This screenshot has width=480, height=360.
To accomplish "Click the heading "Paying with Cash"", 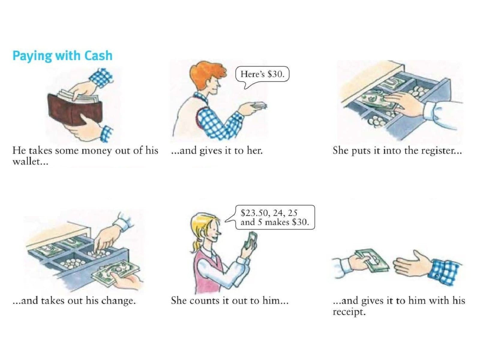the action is (x=62, y=56).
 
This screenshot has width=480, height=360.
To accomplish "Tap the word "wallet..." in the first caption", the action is (x=30, y=162).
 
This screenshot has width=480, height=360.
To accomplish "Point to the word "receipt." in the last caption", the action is (x=349, y=312).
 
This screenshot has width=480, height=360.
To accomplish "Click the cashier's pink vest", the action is (x=208, y=271).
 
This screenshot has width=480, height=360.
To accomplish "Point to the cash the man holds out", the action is (x=259, y=106).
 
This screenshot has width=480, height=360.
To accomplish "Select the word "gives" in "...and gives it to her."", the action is (x=210, y=151).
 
